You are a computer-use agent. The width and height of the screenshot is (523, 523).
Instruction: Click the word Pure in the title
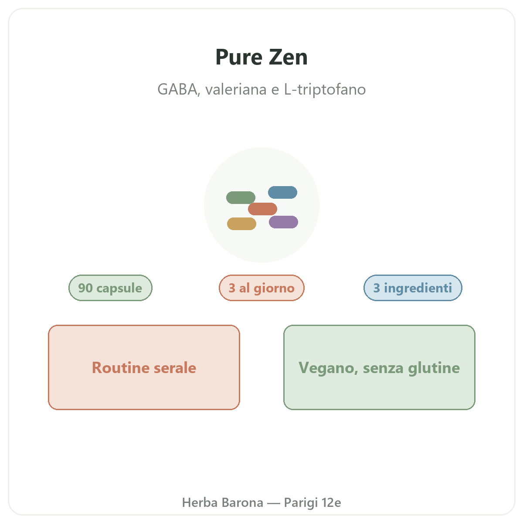pyautogui.click(x=239, y=57)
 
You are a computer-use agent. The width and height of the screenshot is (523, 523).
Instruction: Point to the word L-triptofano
pyautogui.click(x=325, y=89)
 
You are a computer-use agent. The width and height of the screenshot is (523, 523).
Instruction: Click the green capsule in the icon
pyautogui.click(x=241, y=197)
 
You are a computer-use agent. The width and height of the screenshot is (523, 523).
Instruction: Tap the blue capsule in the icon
pyautogui.click(x=282, y=192)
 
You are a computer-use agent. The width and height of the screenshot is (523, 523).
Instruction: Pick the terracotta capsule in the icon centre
pyautogui.click(x=262, y=209)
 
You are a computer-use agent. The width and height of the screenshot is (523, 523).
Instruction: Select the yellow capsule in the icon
pyautogui.click(x=241, y=224)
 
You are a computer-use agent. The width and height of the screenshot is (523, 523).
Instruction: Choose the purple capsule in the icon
pyautogui.click(x=283, y=222)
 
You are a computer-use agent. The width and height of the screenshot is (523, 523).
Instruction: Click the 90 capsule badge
pyautogui.click(x=110, y=288)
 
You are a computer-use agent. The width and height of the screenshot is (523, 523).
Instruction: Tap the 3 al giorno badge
pyautogui.click(x=261, y=288)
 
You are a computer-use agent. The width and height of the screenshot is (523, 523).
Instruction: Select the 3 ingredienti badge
pyautogui.click(x=413, y=288)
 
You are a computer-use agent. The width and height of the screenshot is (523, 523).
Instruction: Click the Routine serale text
pyautogui.click(x=144, y=367)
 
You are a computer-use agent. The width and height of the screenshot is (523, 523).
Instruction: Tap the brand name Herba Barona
pyautogui.click(x=223, y=502)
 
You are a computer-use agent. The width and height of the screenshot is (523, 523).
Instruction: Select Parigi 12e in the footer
pyautogui.click(x=312, y=503)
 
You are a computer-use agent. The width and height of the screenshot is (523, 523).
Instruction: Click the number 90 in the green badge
pyautogui.click(x=85, y=288)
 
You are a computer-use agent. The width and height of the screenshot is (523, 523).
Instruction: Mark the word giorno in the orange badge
pyautogui.click(x=274, y=289)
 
